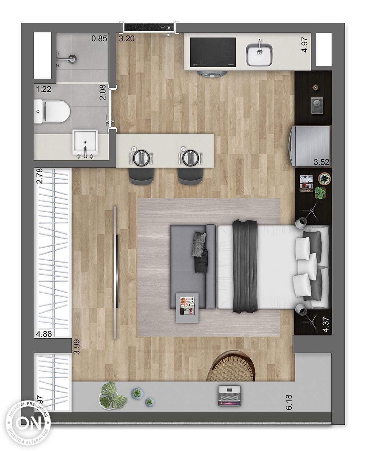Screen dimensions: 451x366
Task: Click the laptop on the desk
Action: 229,396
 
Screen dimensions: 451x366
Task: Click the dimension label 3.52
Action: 322,162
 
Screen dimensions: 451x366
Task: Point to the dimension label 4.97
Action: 305,45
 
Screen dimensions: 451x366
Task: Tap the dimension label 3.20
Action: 127,38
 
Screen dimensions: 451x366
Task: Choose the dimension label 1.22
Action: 43,89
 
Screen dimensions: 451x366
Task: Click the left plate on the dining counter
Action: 140,157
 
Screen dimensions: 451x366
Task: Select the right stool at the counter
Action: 190,176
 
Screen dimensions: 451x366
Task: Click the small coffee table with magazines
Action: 188,308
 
